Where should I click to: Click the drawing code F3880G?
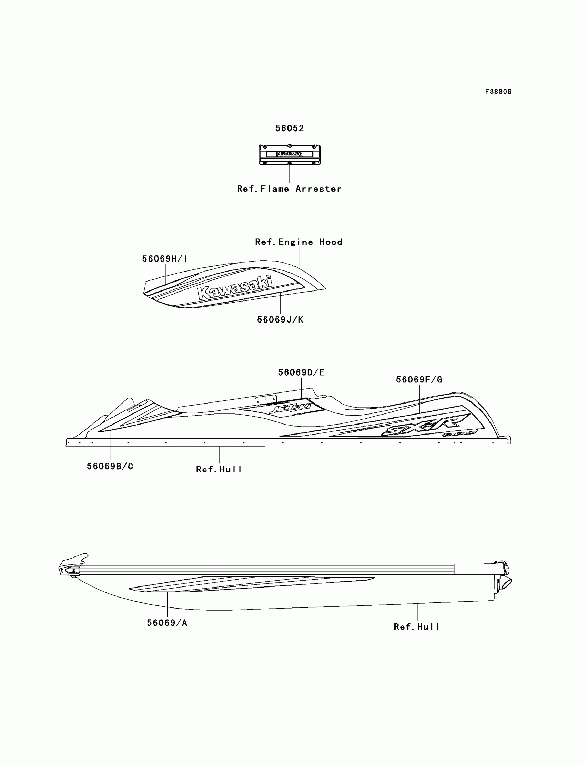[x=498, y=92]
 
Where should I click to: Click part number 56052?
[x=290, y=128]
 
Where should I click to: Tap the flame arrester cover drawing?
[x=290, y=154]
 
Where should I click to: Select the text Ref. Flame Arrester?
[x=289, y=189]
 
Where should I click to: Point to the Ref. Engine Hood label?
[x=299, y=242]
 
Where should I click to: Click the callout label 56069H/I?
[x=165, y=259]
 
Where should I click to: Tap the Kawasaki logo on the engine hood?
[x=235, y=288]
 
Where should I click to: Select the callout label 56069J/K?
[x=280, y=320]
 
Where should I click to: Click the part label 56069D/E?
[x=301, y=372]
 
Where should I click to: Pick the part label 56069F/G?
[x=419, y=380]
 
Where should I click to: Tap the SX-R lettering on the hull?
[x=426, y=425]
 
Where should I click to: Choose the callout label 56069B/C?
[x=110, y=467]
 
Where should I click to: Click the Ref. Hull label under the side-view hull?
[x=219, y=470]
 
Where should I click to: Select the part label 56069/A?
[x=167, y=623]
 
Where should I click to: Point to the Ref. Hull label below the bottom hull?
[x=416, y=627]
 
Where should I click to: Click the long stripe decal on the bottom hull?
[x=251, y=584]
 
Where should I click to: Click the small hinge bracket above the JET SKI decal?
[x=266, y=400]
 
